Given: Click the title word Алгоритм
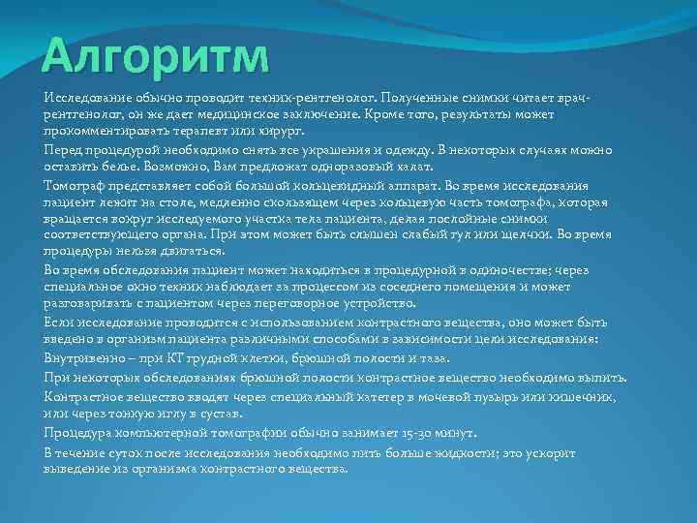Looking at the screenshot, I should (x=156, y=55).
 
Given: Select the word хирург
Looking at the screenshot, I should (x=285, y=130).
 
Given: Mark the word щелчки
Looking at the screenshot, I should (x=530, y=234).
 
